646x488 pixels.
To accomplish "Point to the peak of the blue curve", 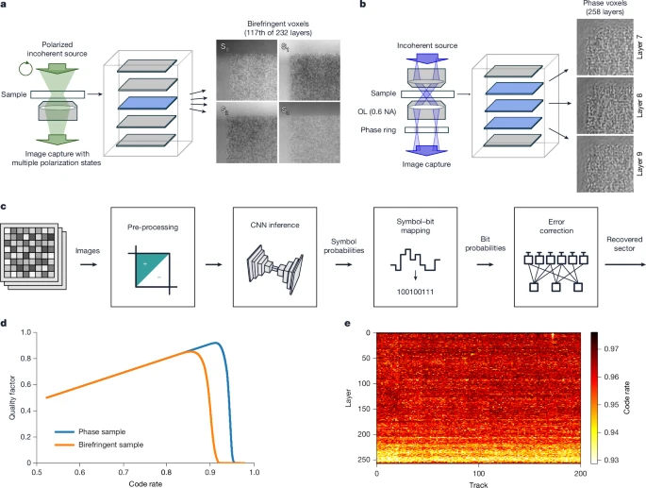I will click(216, 343).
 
